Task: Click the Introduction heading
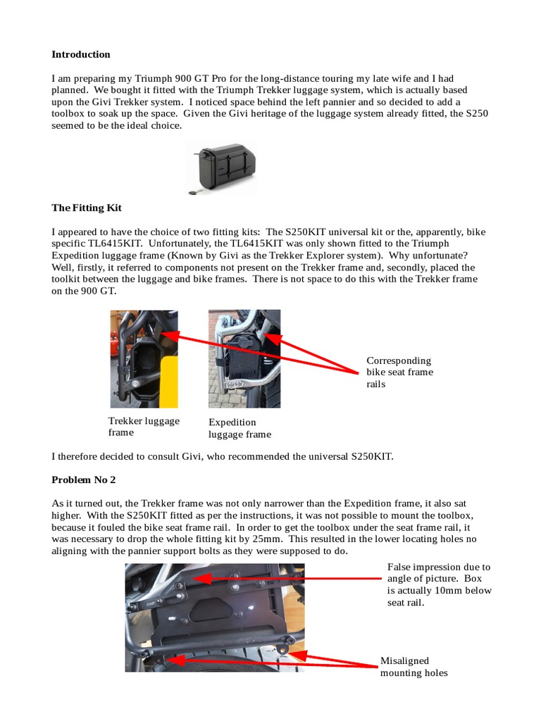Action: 81,54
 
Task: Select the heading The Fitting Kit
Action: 87,208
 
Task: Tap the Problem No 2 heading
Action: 83,479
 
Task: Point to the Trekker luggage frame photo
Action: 144,358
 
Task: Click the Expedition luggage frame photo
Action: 244,358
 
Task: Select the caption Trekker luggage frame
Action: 143,427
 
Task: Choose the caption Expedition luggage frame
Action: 240,428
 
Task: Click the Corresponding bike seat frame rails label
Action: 399,372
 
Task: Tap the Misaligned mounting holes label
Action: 413,667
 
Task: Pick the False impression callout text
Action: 439,584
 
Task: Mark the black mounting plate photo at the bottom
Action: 215,617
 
